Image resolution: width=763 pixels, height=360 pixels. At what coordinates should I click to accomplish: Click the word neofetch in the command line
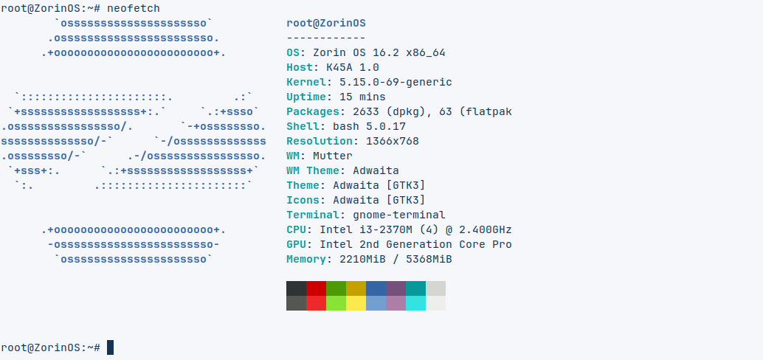134,8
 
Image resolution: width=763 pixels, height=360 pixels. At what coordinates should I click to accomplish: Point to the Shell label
303,126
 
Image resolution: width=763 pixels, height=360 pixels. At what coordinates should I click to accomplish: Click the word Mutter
333,156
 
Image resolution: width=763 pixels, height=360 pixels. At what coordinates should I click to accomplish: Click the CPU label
297,229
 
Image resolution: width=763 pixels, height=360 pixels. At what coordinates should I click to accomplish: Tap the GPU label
297,244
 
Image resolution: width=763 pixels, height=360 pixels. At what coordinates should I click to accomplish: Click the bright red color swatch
317,303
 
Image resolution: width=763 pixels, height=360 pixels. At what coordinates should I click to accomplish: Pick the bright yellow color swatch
356,303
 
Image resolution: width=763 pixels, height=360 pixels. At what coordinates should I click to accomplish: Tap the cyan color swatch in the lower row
415,303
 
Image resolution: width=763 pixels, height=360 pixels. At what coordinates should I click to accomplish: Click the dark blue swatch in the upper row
376,288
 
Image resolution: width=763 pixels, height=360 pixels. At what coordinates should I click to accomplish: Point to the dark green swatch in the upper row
336,288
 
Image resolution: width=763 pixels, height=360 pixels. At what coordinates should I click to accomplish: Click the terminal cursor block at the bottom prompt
111,347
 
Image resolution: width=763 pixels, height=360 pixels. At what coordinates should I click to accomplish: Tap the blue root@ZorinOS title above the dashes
326,24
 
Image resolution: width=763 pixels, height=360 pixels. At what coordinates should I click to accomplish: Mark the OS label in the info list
293,52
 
